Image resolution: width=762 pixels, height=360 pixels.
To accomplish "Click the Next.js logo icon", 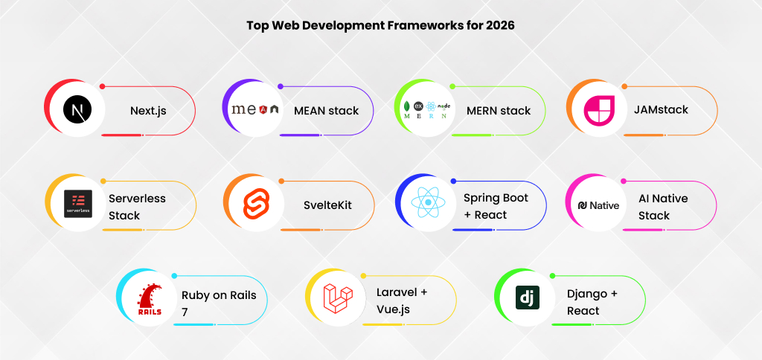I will click(x=77, y=111).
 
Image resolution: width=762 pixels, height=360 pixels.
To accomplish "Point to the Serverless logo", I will click(x=77, y=203).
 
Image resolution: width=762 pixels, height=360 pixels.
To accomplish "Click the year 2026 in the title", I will click(x=499, y=25).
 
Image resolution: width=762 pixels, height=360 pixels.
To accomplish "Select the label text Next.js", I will click(x=148, y=111).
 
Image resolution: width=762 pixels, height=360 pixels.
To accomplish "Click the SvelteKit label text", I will click(x=328, y=205).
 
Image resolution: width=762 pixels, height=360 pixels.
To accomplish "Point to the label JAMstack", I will click(x=661, y=110).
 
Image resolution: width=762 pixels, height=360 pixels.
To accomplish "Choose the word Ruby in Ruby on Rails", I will click(x=196, y=295).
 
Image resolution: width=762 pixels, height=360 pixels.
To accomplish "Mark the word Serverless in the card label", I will click(x=137, y=199).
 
